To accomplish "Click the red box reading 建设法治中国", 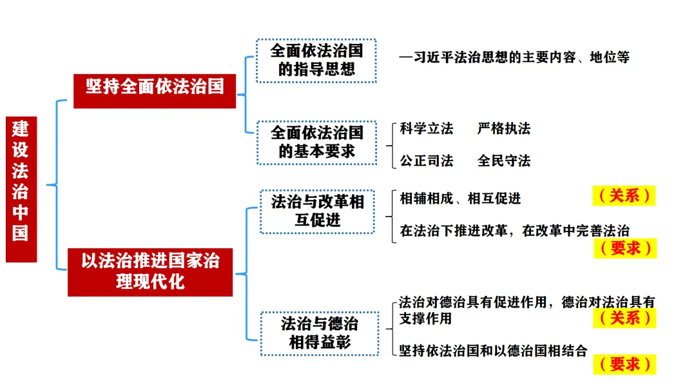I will pyautogui.click(x=21, y=189).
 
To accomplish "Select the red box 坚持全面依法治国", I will pyautogui.click(x=155, y=87).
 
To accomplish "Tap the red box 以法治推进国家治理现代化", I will pyautogui.click(x=150, y=271).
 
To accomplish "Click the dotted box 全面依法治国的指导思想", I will pyautogui.click(x=316, y=61).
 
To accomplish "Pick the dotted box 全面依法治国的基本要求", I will pyautogui.click(x=316, y=142).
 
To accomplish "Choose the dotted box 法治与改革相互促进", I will pyautogui.click(x=317, y=211).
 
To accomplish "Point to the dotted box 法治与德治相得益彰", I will pyautogui.click(x=320, y=333).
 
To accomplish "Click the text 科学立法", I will pyautogui.click(x=427, y=128).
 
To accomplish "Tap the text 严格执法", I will pyautogui.click(x=504, y=128).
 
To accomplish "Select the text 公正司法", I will pyautogui.click(x=427, y=161).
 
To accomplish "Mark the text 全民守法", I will pyautogui.click(x=504, y=161).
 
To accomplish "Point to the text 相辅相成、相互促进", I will pyautogui.click(x=460, y=198).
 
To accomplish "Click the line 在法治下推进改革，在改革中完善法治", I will pyautogui.click(x=514, y=230).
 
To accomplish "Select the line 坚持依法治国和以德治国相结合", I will pyautogui.click(x=493, y=351).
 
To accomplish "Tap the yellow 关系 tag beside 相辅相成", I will pyautogui.click(x=624, y=195).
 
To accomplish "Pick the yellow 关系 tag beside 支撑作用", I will pyautogui.click(x=624, y=317).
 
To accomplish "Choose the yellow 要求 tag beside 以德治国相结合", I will pyautogui.click(x=624, y=364).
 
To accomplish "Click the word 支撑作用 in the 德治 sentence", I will pyautogui.click(x=425, y=318).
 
